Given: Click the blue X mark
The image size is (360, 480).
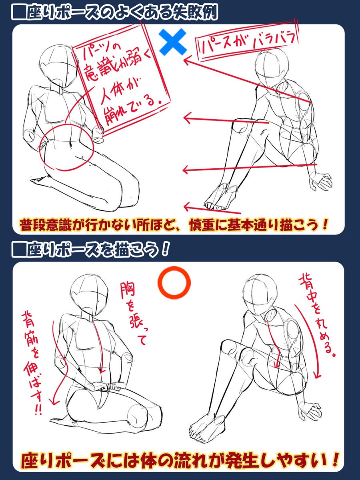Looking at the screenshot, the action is (173, 42).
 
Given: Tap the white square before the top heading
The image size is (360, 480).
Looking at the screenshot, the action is (19, 13).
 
